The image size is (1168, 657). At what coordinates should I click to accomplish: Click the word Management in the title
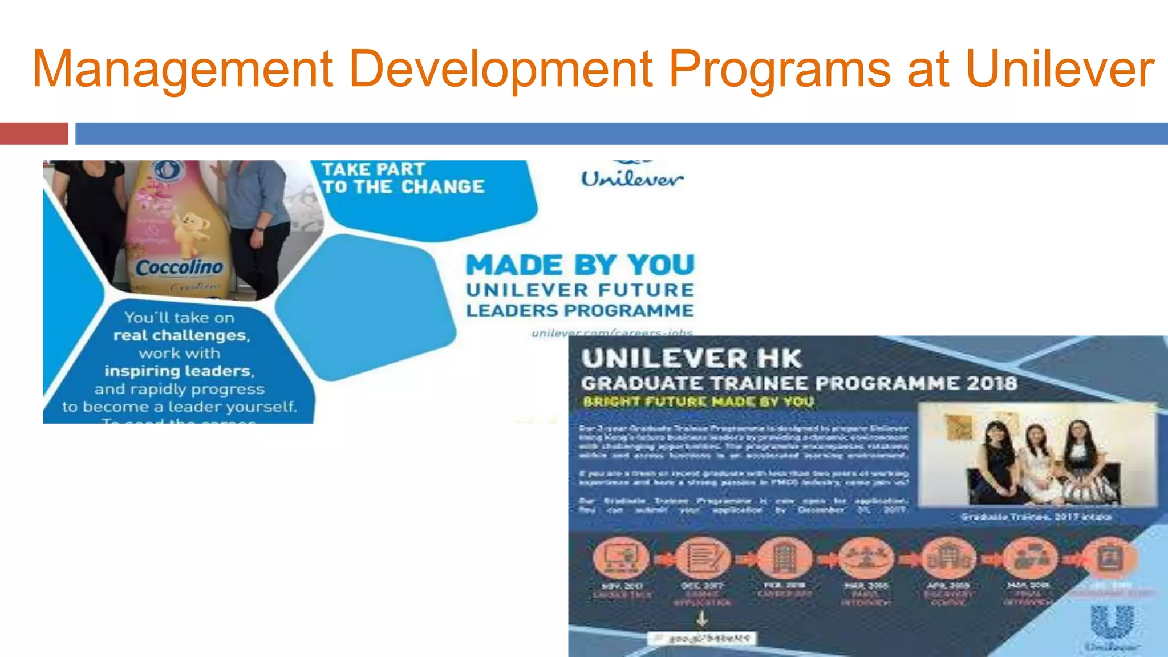pyautogui.click(x=182, y=70)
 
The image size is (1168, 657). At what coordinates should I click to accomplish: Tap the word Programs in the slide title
pyautogui.click(x=779, y=70)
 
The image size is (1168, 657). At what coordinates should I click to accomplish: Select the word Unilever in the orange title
pyautogui.click(x=1060, y=69)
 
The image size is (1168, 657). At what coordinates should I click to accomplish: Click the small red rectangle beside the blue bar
pyautogui.click(x=34, y=133)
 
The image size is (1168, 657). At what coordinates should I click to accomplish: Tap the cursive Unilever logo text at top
pyautogui.click(x=632, y=179)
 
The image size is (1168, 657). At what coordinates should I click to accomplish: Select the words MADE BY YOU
pyautogui.click(x=580, y=265)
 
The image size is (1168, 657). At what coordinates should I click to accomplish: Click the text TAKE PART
pyautogui.click(x=374, y=169)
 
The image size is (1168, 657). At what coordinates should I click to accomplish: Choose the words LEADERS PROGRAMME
pyautogui.click(x=579, y=311)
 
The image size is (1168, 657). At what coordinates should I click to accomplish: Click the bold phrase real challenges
pyautogui.click(x=181, y=335)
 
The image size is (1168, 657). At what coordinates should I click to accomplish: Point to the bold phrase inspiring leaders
pyautogui.click(x=179, y=371)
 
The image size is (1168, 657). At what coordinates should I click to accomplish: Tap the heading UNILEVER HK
pyautogui.click(x=691, y=359)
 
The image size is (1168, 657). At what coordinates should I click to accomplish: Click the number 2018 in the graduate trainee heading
pyautogui.click(x=992, y=383)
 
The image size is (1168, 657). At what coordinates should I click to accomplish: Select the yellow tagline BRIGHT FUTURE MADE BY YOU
pyautogui.click(x=698, y=401)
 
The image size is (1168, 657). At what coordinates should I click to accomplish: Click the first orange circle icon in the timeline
pyautogui.click(x=621, y=557)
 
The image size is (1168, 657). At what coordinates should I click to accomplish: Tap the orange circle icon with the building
pyautogui.click(x=785, y=557)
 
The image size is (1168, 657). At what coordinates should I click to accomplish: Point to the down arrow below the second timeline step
pyautogui.click(x=702, y=618)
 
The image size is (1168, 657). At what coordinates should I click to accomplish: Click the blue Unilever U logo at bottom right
pyautogui.click(x=1112, y=622)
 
